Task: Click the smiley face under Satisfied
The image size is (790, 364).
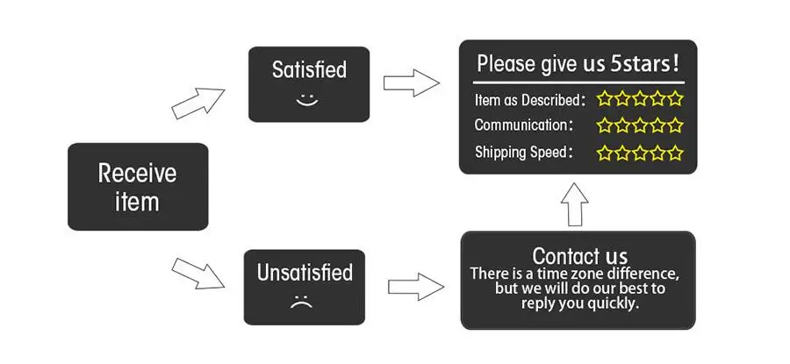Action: (307, 101)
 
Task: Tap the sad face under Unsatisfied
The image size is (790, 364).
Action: (301, 303)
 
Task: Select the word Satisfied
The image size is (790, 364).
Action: (309, 69)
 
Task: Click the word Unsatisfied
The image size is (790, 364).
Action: (305, 273)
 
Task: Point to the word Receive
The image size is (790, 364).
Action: (138, 173)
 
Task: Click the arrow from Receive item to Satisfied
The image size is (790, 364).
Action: (197, 103)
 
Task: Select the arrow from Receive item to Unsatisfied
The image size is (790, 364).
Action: (197, 274)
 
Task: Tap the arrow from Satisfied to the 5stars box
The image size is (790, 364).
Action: (411, 83)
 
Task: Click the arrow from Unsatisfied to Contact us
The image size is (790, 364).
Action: (416, 287)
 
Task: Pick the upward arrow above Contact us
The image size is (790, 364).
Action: (575, 204)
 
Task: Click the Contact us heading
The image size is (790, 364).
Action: (580, 256)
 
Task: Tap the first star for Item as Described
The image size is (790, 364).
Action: (605, 99)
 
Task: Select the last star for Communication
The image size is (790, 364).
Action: (675, 125)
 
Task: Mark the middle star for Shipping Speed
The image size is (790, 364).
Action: (640, 153)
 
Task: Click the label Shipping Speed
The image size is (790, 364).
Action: (521, 152)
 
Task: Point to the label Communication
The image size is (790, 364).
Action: (521, 125)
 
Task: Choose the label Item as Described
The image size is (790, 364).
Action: (528, 100)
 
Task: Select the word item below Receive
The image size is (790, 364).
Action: (137, 202)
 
